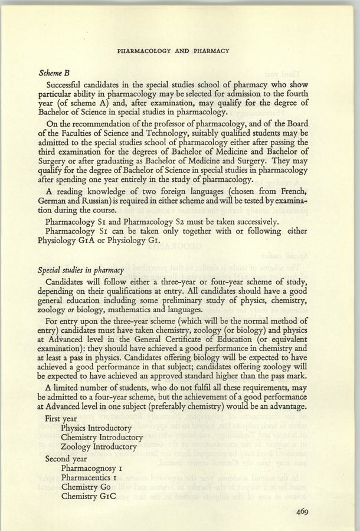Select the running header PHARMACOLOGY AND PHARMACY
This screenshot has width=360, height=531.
point(174,51)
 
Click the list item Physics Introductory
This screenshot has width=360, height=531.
point(96,428)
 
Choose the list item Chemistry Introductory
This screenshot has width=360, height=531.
point(102,437)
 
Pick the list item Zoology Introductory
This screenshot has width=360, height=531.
point(98,447)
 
